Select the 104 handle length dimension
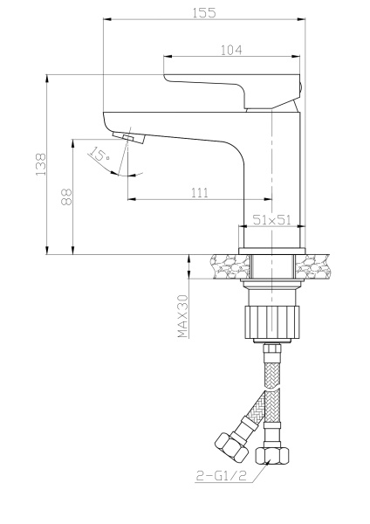pyautogui.click(x=231, y=51)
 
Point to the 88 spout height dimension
pyautogui.click(x=66, y=197)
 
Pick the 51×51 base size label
pyautogui.click(x=271, y=222)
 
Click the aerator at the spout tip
pyautogui.click(x=128, y=137)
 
